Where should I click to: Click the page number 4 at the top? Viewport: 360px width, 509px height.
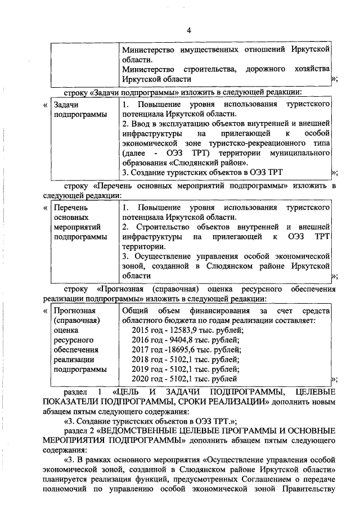(x=190, y=30)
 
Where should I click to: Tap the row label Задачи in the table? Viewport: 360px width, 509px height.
(x=66, y=105)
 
